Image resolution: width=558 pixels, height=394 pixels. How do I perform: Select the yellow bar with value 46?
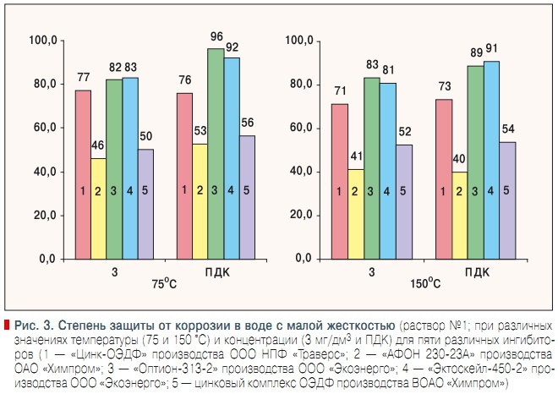98,207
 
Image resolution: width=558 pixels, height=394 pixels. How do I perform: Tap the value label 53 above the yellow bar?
200,132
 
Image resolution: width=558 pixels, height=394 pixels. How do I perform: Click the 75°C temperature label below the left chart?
164,284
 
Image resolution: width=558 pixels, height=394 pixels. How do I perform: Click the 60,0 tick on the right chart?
301,128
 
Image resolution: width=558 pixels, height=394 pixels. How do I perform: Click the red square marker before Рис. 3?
8,325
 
